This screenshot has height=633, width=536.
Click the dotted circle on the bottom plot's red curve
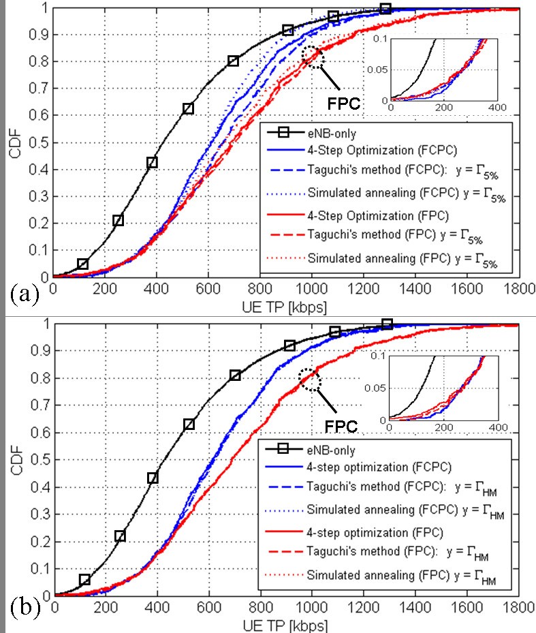(x=312, y=379)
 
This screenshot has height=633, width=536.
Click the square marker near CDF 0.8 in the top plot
(x=233, y=61)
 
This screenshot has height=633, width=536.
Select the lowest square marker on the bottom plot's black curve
(x=85, y=579)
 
